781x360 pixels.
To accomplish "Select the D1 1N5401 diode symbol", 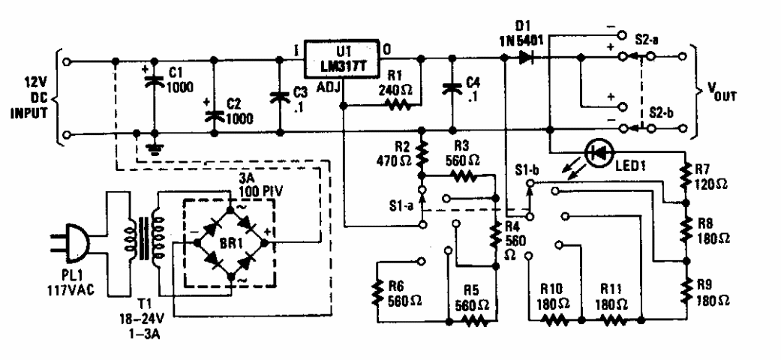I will pos(523,57).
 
